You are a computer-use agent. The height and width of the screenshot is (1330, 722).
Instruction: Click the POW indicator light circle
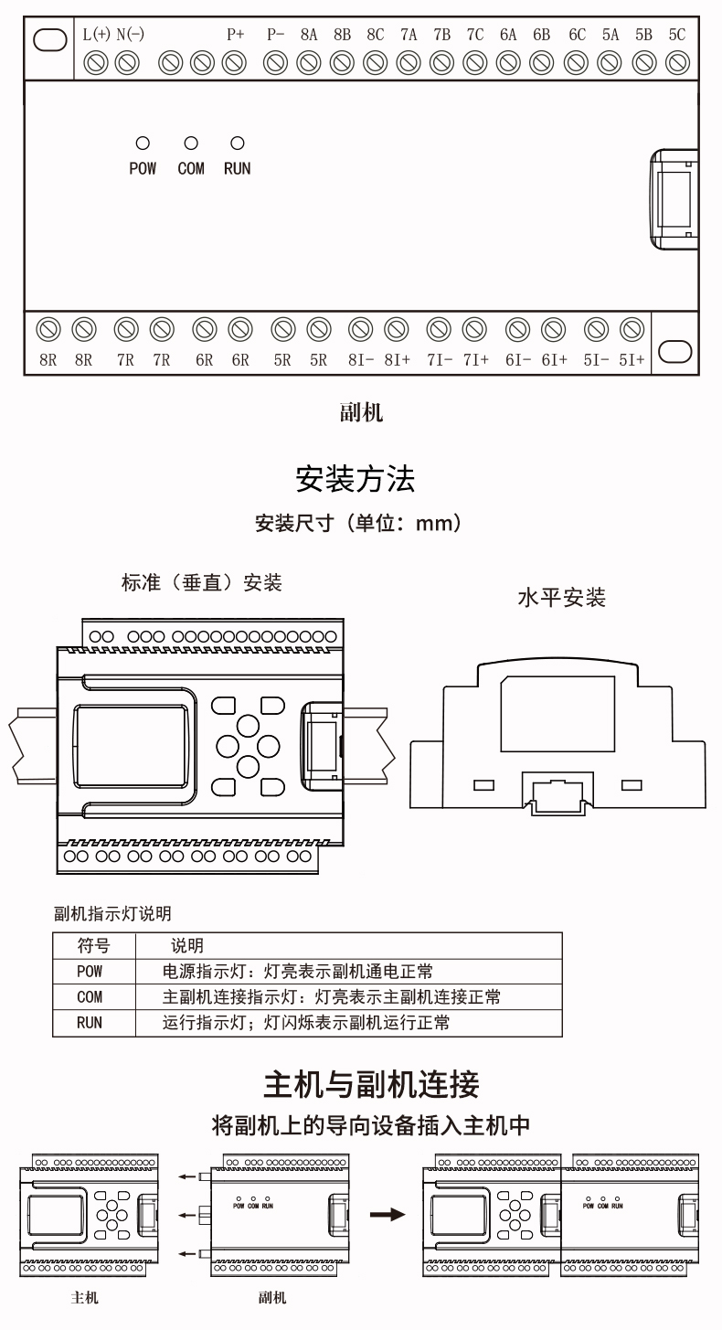tap(142, 144)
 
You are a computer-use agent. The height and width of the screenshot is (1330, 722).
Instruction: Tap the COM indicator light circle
tap(191, 144)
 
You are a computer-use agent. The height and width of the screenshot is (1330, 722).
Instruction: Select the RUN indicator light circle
tap(238, 144)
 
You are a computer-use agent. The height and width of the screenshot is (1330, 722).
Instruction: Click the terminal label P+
tap(236, 35)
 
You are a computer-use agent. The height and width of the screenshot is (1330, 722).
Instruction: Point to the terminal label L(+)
tap(96, 35)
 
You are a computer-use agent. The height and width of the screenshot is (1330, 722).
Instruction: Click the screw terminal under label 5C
tap(677, 62)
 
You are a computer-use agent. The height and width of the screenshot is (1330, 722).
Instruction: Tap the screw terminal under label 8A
tap(309, 62)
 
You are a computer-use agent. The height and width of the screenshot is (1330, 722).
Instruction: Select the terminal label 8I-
tap(360, 360)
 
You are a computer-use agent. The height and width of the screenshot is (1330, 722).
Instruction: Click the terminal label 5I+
tap(631, 360)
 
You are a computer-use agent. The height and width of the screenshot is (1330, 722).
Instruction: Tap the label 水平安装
tap(561, 599)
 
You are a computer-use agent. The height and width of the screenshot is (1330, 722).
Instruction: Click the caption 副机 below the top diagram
tap(361, 412)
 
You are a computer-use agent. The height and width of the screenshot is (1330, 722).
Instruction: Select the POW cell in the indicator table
tap(90, 971)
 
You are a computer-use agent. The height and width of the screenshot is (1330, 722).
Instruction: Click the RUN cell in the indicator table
tap(90, 1023)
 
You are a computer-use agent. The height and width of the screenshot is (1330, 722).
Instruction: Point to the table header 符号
tap(93, 945)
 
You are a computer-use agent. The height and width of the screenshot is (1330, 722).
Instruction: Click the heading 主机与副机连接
tap(370, 1085)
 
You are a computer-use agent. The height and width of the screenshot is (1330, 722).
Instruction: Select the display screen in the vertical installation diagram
tap(133, 741)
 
